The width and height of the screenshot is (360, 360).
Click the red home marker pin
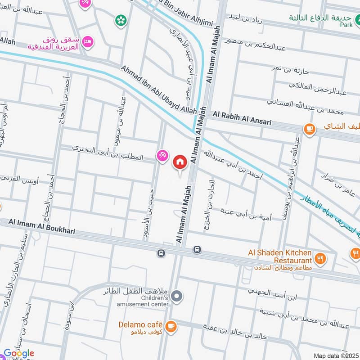pos(180,162)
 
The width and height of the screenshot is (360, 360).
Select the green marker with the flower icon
pos(120,19)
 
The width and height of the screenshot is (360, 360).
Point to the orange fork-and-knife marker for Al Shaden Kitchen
pos(320,259)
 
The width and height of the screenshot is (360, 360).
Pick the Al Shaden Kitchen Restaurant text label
pos(280,256)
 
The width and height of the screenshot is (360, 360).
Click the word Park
pos(346,25)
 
